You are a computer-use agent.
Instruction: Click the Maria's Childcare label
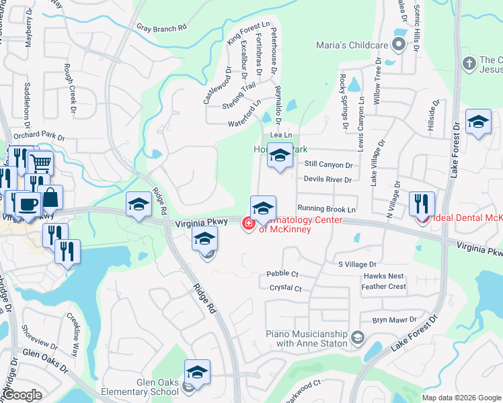pos(352,46)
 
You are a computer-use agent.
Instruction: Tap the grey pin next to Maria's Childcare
pos(398,46)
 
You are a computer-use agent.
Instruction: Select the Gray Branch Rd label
pos(161,28)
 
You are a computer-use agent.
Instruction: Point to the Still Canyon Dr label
pos(328,165)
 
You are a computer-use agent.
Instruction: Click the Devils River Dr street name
pos(327,179)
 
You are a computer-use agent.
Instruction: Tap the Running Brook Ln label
pos(326,209)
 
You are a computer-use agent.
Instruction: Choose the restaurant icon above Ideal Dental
pos(422,203)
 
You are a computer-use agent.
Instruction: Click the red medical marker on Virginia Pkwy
pos(247,223)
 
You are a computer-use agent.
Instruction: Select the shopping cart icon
pos(41,162)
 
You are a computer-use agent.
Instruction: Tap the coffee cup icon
pos(28,203)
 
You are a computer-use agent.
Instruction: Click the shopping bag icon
pos(50,197)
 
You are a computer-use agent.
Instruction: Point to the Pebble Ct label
pos(282,274)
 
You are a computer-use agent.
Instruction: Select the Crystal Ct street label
pos(285,288)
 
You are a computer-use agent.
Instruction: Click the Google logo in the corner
pos(22,396)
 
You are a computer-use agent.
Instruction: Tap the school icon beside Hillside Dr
pos(478,122)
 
